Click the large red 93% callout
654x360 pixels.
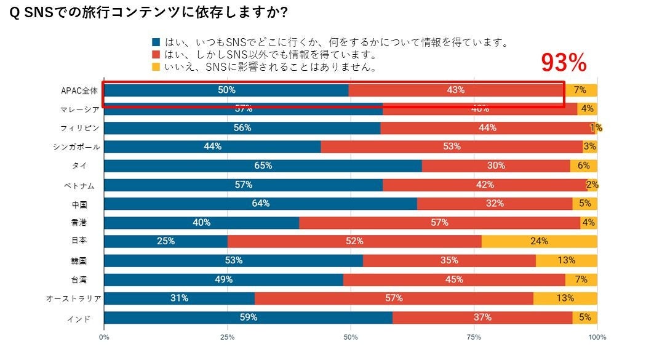(564, 63)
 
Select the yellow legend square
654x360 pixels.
(156, 66)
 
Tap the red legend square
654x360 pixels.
(156, 55)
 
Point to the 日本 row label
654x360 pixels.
(79, 241)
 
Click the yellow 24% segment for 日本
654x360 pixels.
(539, 241)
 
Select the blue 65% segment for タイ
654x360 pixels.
(263, 166)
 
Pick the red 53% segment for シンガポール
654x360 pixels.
(452, 146)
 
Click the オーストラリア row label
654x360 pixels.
(73, 298)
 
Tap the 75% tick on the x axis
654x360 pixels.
(473, 337)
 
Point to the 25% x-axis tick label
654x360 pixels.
(227, 337)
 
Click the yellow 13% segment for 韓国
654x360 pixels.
(566, 260)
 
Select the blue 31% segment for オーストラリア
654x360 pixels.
(179, 298)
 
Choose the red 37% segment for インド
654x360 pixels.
(482, 318)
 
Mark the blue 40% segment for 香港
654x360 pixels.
(201, 222)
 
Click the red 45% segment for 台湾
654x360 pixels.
(454, 279)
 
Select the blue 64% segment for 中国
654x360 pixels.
(260, 204)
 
